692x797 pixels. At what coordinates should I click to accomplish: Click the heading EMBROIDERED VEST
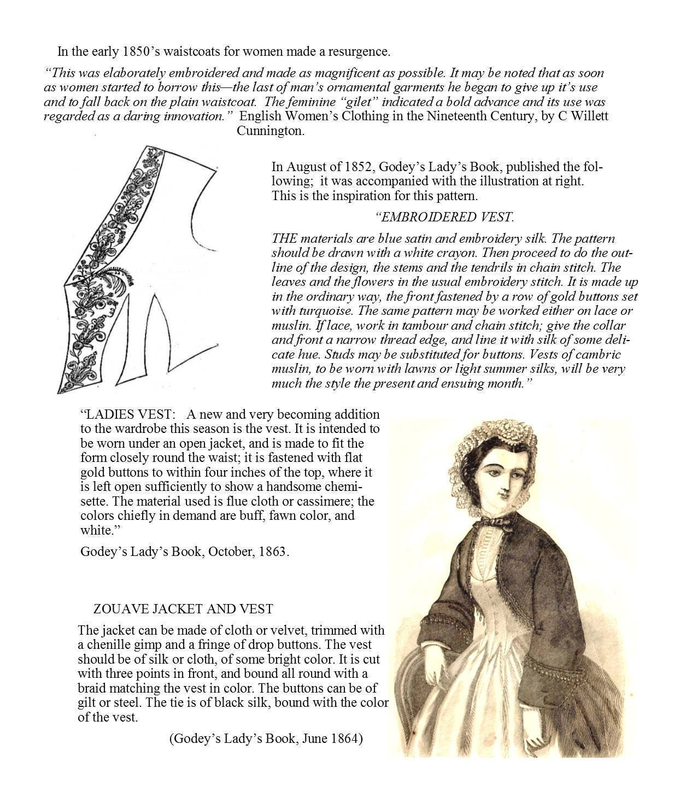point(445,217)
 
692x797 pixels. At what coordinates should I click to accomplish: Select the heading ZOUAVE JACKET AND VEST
point(183,608)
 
